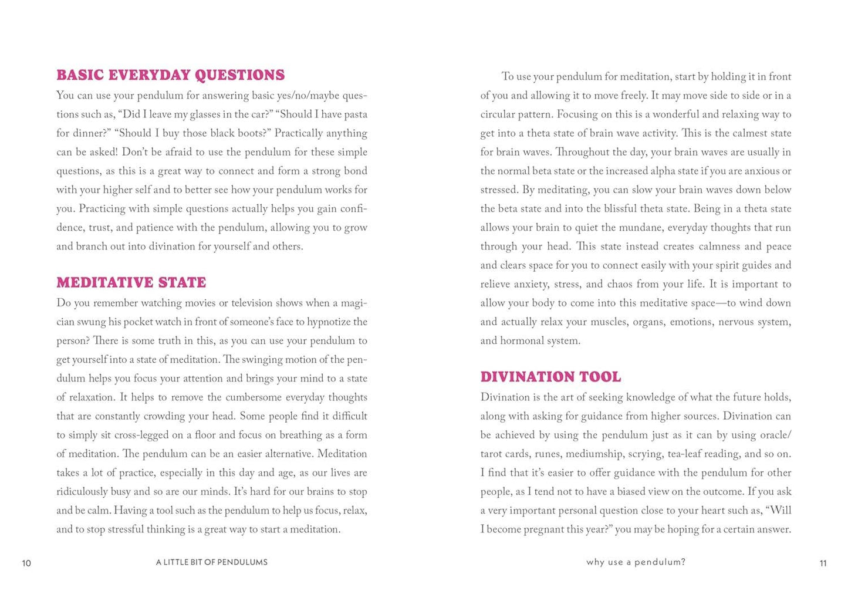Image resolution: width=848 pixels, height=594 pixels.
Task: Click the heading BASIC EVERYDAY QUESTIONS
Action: (x=170, y=75)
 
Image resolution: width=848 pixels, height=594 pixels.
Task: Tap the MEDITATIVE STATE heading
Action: (x=131, y=282)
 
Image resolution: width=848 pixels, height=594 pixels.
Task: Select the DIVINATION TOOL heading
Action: (x=550, y=377)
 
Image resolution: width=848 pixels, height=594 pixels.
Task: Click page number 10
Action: (x=26, y=563)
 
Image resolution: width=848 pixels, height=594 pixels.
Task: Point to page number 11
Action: (x=823, y=563)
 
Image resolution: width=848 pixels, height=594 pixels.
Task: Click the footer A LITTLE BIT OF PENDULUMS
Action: (x=212, y=562)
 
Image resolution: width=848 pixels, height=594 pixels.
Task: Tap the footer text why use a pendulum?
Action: (x=636, y=562)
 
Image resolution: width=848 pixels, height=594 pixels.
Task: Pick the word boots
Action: (x=253, y=133)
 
